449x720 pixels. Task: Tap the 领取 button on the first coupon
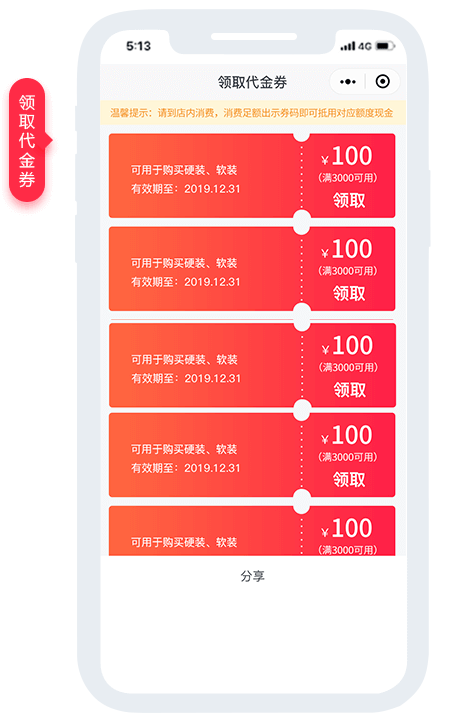[x=349, y=200]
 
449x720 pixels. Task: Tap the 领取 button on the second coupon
[x=349, y=293]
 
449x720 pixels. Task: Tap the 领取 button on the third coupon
[x=349, y=389]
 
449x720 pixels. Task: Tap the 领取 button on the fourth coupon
[x=349, y=479]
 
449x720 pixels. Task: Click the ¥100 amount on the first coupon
[x=347, y=156]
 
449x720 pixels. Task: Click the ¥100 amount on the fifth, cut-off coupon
[x=347, y=528]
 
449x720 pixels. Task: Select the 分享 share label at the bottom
[x=253, y=576]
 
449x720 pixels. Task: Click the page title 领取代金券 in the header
[x=253, y=82]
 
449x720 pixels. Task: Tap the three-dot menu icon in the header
[x=348, y=82]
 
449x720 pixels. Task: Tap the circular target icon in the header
[x=382, y=81]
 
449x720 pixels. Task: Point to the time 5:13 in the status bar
[x=138, y=46]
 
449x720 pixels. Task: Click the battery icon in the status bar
[x=385, y=46]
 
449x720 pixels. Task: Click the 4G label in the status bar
[x=365, y=46]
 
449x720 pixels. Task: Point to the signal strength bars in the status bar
[x=348, y=46]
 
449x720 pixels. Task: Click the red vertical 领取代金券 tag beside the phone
[x=28, y=140]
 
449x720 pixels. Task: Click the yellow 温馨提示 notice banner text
[x=252, y=113]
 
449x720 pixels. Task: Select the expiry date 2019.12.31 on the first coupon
[x=212, y=189]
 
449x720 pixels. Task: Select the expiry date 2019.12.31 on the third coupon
[x=213, y=378]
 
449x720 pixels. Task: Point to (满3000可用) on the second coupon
[x=348, y=271]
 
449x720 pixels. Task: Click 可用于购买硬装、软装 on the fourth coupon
[x=184, y=449]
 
